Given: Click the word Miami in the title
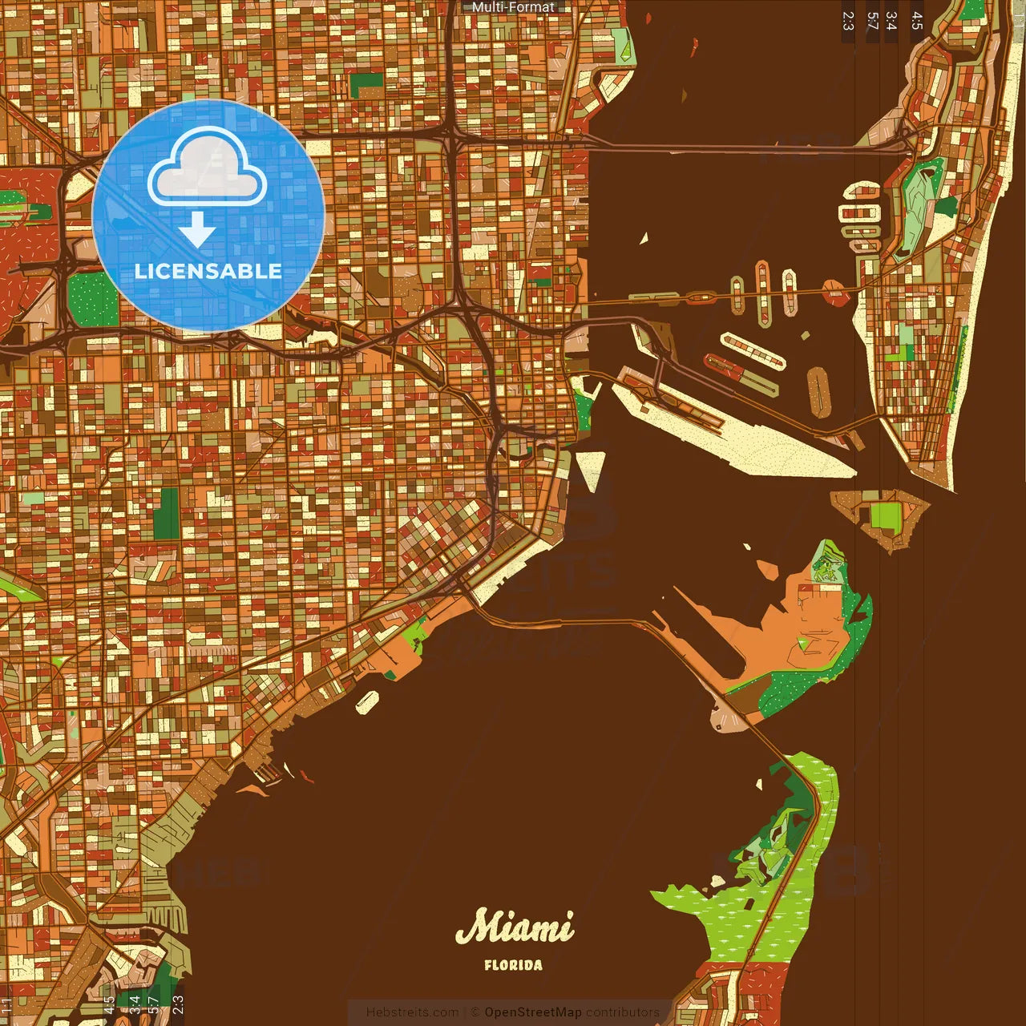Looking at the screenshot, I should pos(514,927).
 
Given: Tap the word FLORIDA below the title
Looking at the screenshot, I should pos(513,965).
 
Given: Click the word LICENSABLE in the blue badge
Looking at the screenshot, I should pos(208,271).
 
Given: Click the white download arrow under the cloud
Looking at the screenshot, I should pos(197,231).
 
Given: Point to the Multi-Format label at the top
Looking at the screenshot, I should pos(513,7).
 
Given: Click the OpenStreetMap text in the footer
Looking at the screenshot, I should pos(532,1012).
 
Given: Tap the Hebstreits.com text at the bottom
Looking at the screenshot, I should pos(412,1012).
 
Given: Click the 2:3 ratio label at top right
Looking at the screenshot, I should pos(848,21).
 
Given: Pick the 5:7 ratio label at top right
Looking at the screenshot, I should pos(872,21).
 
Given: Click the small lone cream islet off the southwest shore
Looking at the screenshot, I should pos(367,701).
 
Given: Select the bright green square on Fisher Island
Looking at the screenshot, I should pos(886,515).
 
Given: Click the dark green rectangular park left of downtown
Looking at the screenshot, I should pos(167,513).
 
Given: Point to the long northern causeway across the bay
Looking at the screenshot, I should pos(721,147).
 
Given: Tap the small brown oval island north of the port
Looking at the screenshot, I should pos(818,392).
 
